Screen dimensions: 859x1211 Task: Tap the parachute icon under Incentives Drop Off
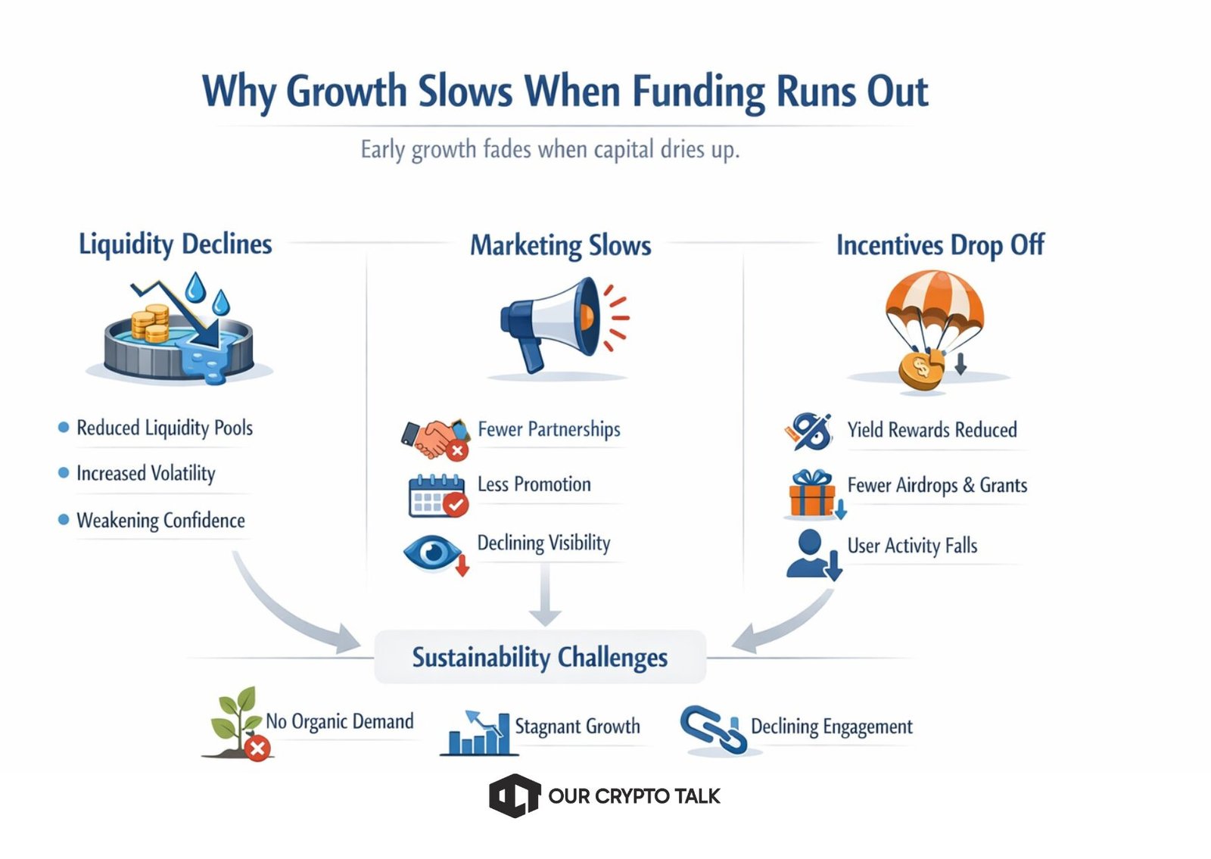click(x=932, y=329)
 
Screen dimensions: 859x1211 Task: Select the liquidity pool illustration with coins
click(x=179, y=333)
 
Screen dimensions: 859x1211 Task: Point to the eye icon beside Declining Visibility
click(x=434, y=553)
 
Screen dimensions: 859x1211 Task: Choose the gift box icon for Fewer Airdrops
click(x=812, y=494)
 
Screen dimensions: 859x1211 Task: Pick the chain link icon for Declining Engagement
click(x=712, y=730)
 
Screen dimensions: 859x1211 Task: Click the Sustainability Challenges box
click(x=540, y=657)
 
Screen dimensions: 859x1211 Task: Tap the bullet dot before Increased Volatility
click(x=64, y=473)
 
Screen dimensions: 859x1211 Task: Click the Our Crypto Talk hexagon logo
click(x=515, y=795)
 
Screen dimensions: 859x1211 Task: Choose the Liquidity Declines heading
click(x=175, y=244)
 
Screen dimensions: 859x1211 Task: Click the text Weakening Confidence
click(x=160, y=521)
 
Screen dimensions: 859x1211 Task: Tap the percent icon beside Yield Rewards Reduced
click(x=809, y=431)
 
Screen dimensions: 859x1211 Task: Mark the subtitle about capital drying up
click(x=549, y=149)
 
